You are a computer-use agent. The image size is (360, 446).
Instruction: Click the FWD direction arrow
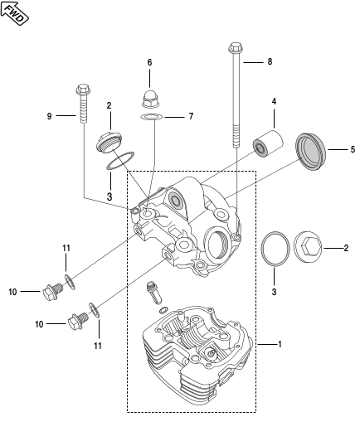(x=14, y=13)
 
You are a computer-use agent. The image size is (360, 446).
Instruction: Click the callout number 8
(x=270, y=61)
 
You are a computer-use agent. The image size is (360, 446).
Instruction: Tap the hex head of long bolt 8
(x=236, y=47)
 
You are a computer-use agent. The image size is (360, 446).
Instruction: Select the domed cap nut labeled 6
(x=150, y=99)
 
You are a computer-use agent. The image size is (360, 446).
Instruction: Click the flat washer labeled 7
(x=152, y=117)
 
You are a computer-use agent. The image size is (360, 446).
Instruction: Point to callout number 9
(x=50, y=116)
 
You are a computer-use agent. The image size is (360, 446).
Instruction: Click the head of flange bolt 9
(x=84, y=90)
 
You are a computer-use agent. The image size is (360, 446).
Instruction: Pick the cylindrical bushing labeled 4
(x=268, y=143)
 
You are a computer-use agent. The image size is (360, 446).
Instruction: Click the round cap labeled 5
(x=310, y=152)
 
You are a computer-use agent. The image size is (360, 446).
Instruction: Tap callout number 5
(x=353, y=149)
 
